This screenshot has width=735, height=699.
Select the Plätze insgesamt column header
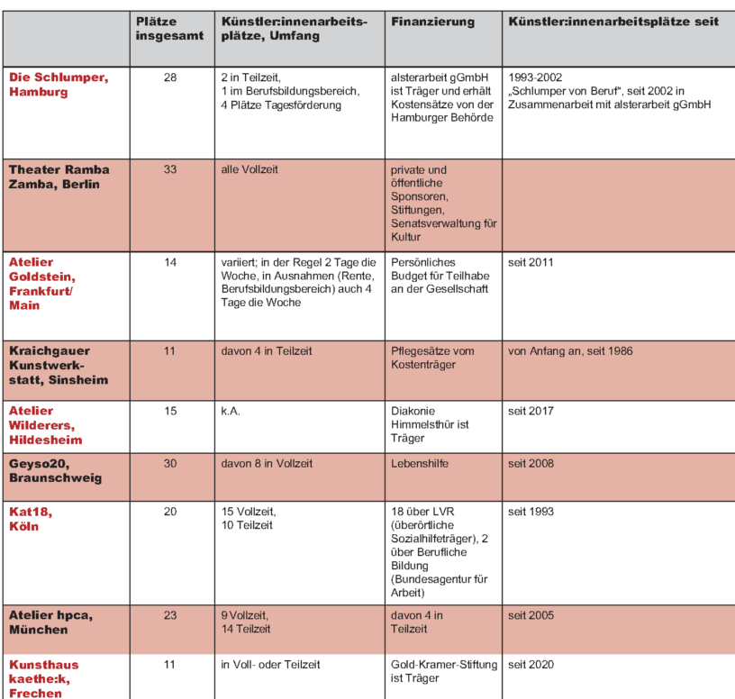point(162,30)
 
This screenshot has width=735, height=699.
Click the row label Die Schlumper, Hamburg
point(59,85)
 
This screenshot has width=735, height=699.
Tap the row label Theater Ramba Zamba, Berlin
point(59,177)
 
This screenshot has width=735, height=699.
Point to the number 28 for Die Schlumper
point(170,78)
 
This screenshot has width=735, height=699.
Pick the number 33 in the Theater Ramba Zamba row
point(170,169)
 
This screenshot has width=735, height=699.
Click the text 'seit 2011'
point(531,263)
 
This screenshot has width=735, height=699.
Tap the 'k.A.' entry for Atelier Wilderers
point(231,412)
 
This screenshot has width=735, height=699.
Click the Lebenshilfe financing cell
point(420,464)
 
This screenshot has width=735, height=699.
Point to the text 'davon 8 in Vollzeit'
point(268,464)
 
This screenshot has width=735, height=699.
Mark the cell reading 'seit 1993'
point(531,512)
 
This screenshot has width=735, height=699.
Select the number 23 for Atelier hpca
point(170,616)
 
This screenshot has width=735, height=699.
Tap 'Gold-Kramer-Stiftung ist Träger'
point(443,671)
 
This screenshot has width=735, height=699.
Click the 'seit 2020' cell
point(531,665)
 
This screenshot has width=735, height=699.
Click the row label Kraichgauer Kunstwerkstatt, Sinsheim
point(59,365)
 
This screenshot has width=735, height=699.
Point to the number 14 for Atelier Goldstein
point(170,263)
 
